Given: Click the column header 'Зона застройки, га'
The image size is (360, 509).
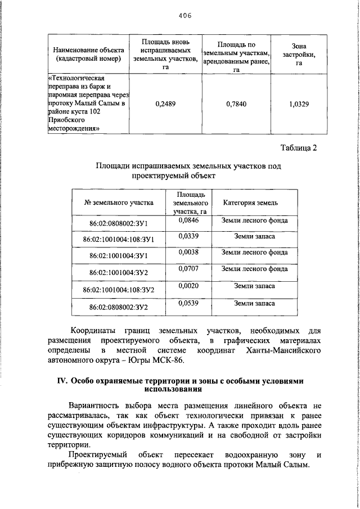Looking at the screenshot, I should [x=299, y=54].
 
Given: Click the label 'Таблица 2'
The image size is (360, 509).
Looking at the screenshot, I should [x=299, y=148].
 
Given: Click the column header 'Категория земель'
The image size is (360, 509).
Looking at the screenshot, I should [x=254, y=203].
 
